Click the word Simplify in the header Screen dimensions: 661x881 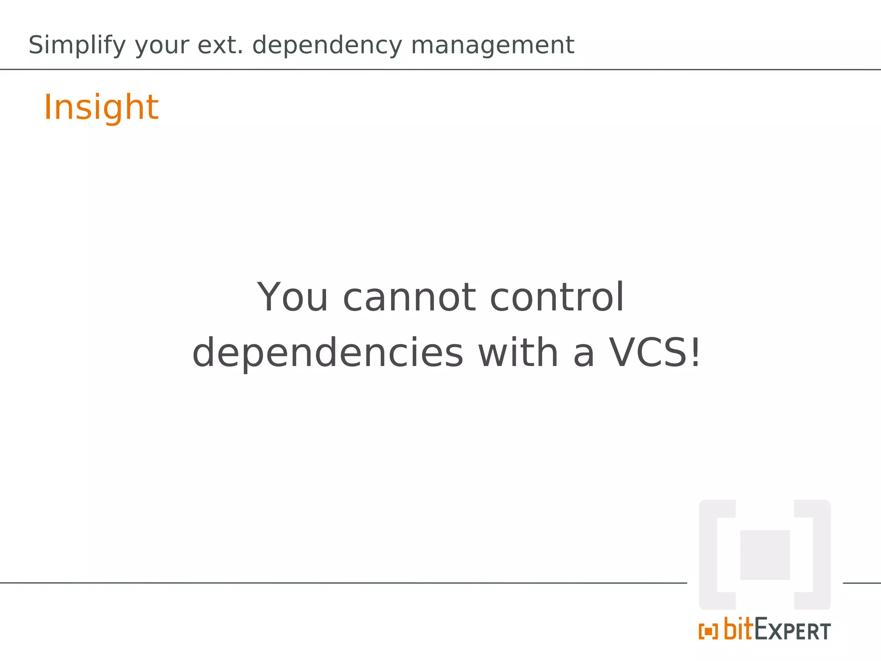coord(77,46)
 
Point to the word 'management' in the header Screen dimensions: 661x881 coord(492,46)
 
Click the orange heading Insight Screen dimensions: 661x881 coord(101,108)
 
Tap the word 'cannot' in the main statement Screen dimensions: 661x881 coord(409,298)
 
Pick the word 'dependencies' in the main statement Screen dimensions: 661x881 coord(328,353)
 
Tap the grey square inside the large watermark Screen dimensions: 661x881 coord(764,555)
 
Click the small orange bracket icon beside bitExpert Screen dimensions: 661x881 coord(708,632)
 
